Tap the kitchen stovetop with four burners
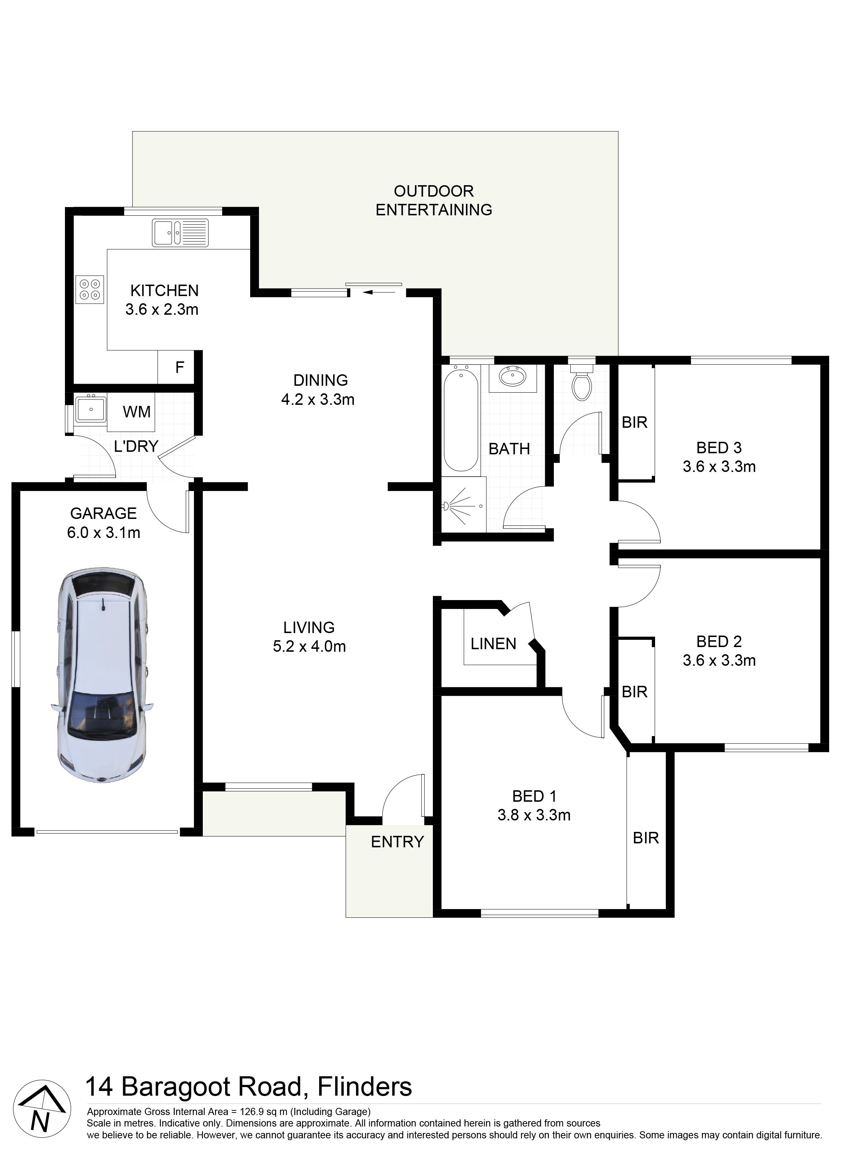pyautogui.click(x=90, y=290)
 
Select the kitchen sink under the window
pyautogui.click(x=181, y=233)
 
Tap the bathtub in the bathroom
pyautogui.click(x=461, y=420)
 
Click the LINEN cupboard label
pyautogui.click(x=493, y=644)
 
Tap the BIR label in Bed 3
pyautogui.click(x=634, y=422)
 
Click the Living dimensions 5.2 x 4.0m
pyautogui.click(x=309, y=646)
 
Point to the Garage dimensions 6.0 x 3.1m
pyautogui.click(x=103, y=533)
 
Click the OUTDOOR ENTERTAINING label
pyautogui.click(x=434, y=201)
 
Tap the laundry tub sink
pyautogui.click(x=90, y=409)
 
